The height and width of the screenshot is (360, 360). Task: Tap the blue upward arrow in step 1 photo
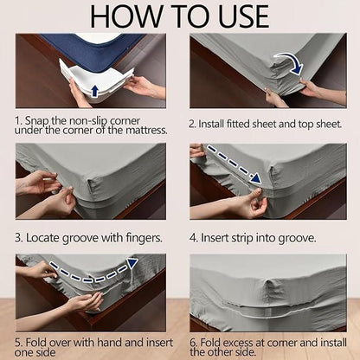(93, 89)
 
